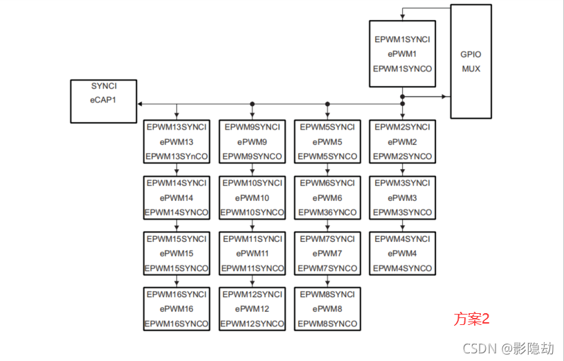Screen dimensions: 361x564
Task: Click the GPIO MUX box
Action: click(471, 61)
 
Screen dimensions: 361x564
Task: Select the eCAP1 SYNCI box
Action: click(104, 101)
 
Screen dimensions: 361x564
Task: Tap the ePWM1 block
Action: click(402, 54)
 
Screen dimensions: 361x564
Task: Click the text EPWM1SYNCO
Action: click(402, 69)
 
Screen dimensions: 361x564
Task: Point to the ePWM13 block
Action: click(176, 142)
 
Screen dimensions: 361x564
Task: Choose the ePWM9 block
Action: click(252, 142)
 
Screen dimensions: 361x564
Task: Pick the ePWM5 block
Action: click(327, 142)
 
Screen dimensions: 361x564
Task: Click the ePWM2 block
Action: click(402, 142)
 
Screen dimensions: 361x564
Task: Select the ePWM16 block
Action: click(176, 308)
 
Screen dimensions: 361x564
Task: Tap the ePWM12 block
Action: click(252, 308)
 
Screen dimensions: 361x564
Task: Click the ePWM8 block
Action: click(327, 308)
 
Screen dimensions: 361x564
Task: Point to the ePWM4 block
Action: click(402, 254)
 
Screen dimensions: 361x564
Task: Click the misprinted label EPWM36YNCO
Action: click(327, 213)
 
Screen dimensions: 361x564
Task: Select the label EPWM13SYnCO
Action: click(176, 157)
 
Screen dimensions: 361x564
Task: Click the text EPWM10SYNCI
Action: click(252, 183)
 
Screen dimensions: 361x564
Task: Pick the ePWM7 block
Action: click(327, 254)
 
